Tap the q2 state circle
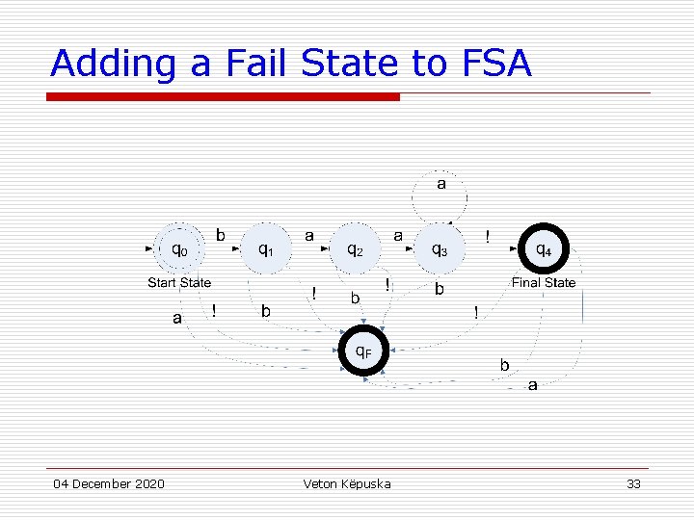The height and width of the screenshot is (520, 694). click(x=356, y=249)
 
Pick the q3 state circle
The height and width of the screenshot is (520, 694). click(x=439, y=249)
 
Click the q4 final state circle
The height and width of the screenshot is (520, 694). click(x=544, y=249)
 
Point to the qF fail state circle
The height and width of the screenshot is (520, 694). click(x=362, y=352)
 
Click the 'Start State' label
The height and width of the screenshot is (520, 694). click(x=179, y=283)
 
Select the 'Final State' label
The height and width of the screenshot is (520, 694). click(x=544, y=283)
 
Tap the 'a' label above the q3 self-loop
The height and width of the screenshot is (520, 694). click(x=441, y=184)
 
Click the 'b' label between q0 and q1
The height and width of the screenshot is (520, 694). click(x=221, y=234)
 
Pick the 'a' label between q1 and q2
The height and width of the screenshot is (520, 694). click(x=308, y=234)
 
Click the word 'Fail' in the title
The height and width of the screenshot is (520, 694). click(x=259, y=64)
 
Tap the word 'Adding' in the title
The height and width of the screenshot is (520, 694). click(x=114, y=64)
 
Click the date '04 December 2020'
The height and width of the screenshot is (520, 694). click(x=109, y=483)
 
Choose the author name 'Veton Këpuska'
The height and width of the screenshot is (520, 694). click(x=347, y=483)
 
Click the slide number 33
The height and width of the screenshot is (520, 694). click(x=633, y=483)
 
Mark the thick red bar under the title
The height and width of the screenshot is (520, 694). click(x=223, y=96)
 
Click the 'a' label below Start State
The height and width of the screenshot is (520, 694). click(x=176, y=317)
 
